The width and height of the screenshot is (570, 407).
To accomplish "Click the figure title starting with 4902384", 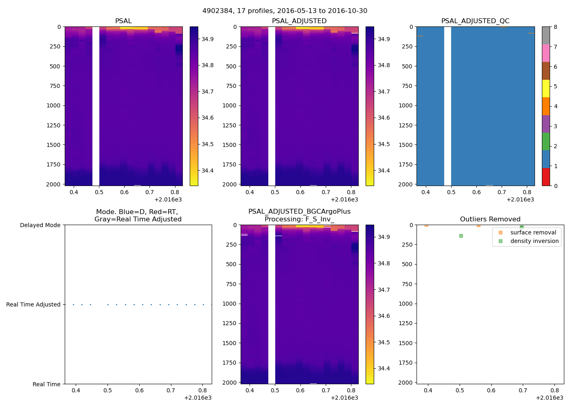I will tap(285, 11).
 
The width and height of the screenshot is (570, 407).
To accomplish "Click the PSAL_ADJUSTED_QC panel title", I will tap(475, 21).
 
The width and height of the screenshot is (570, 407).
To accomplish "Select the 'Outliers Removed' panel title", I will tap(490, 219).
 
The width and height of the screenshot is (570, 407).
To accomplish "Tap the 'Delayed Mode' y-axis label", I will tap(40, 225).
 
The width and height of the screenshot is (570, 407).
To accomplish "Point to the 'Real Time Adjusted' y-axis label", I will tap(33, 305).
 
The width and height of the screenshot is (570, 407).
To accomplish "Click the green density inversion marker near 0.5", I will tap(461, 236).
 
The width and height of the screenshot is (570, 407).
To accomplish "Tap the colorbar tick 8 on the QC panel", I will tap(555, 27).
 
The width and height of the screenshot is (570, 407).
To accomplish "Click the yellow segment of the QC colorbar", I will tap(546, 89).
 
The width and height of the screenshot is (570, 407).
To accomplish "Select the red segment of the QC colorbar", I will tap(546, 177).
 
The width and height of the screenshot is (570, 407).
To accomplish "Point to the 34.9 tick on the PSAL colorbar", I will tap(208, 39).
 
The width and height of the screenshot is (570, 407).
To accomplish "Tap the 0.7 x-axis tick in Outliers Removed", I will tap(523, 391).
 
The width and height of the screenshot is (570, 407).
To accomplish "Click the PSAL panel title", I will tap(123, 21).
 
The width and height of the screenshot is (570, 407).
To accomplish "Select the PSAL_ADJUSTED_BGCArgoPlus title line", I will tap(299, 212).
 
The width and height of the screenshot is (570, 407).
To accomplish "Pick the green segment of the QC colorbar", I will tap(546, 142).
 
